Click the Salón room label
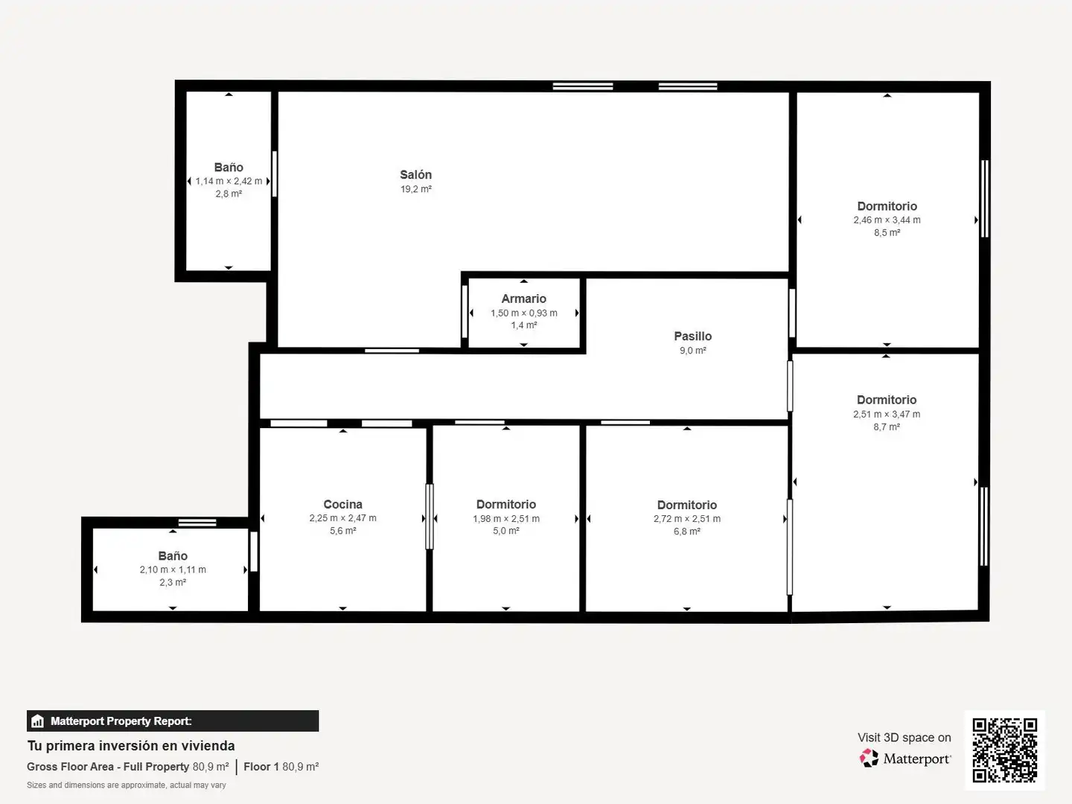click(x=415, y=175)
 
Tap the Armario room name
click(x=523, y=299)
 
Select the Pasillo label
click(x=692, y=336)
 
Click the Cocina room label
click(x=343, y=504)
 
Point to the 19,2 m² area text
click(x=416, y=189)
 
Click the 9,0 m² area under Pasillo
click(x=692, y=351)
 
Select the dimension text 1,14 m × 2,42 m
click(x=229, y=181)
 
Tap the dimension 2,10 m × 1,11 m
click(x=173, y=569)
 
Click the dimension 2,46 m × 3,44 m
click(x=887, y=220)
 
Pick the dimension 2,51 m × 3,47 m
click(x=887, y=415)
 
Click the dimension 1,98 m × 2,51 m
click(x=506, y=519)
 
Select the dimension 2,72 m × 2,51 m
click(x=686, y=519)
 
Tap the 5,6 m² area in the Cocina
click(x=343, y=531)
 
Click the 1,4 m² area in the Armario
click(x=524, y=325)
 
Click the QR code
click(x=1004, y=750)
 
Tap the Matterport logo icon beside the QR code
click(x=869, y=758)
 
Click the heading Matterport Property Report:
click(x=121, y=721)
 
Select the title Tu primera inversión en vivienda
click(x=131, y=746)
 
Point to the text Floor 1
click(x=261, y=767)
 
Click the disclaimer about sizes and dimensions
click(x=127, y=785)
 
